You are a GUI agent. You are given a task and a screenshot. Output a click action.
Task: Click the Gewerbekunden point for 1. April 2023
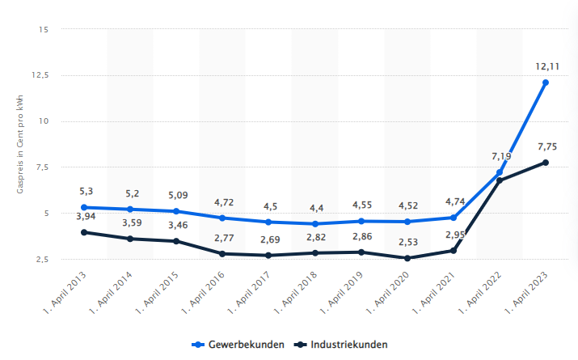pyautogui.click(x=546, y=83)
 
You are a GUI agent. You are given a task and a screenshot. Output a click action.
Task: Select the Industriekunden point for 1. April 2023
pyautogui.click(x=546, y=163)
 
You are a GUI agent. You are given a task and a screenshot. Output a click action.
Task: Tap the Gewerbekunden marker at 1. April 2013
pyautogui.click(x=84, y=207)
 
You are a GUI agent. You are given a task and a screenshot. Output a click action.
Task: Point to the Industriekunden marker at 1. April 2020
pyautogui.click(x=407, y=258)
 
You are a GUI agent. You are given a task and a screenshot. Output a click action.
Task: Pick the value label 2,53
pyautogui.click(x=407, y=241)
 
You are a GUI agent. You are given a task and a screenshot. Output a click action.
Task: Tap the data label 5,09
pyautogui.click(x=176, y=194)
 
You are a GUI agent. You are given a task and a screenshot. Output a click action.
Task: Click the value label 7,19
pyautogui.click(x=500, y=155)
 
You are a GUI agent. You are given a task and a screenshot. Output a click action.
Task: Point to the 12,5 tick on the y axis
pyautogui.click(x=40, y=75)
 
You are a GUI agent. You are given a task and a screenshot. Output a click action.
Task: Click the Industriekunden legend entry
pyautogui.click(x=342, y=345)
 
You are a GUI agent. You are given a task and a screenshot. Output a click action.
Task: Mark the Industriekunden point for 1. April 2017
pyautogui.click(x=269, y=255)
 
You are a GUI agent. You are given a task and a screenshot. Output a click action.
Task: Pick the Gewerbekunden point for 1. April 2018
pyautogui.click(x=315, y=223)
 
